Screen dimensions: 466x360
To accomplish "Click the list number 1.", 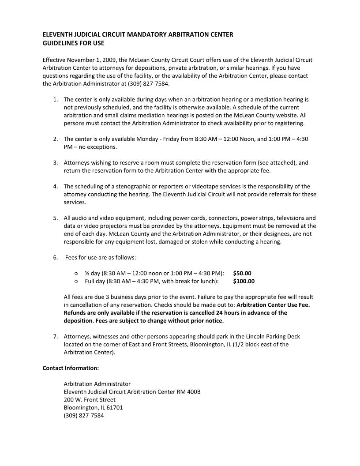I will [x=55, y=99].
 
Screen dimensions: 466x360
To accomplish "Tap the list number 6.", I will [x=55, y=257].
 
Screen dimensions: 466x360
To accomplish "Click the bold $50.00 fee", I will [x=242, y=273].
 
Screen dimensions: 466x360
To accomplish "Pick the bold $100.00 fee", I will [x=244, y=281].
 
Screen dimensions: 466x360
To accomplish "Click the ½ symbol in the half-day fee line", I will [x=87, y=273].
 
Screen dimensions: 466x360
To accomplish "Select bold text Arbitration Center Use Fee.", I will [x=273, y=305].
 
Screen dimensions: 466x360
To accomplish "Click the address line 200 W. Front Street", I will [x=90, y=400].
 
